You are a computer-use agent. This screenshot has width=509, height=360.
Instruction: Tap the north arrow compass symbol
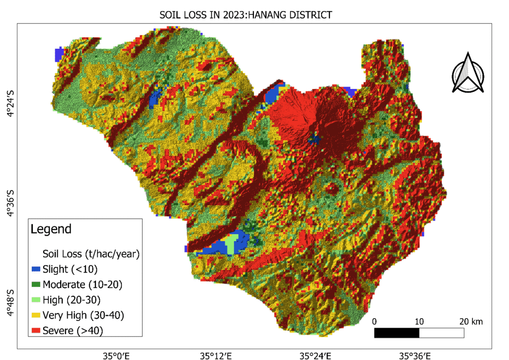point(468,73)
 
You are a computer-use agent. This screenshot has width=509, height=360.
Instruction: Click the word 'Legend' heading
point(51,229)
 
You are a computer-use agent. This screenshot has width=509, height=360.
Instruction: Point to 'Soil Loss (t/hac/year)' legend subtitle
point(90,254)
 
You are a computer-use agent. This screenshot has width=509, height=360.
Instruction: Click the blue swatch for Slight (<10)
point(36,270)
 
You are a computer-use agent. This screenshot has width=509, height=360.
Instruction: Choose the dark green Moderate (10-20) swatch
point(36,285)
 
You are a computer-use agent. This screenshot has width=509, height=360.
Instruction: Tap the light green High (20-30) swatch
point(36,300)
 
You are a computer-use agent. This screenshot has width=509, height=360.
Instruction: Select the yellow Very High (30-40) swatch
point(36,315)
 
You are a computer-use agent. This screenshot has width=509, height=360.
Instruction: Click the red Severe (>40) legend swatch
point(36,330)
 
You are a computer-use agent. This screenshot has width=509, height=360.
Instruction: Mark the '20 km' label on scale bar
point(470,321)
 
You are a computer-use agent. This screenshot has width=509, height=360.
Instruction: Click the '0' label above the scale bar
point(374,321)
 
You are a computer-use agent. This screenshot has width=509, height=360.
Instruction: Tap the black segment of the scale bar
point(397,333)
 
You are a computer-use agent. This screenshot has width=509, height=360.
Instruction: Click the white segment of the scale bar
point(441,333)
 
